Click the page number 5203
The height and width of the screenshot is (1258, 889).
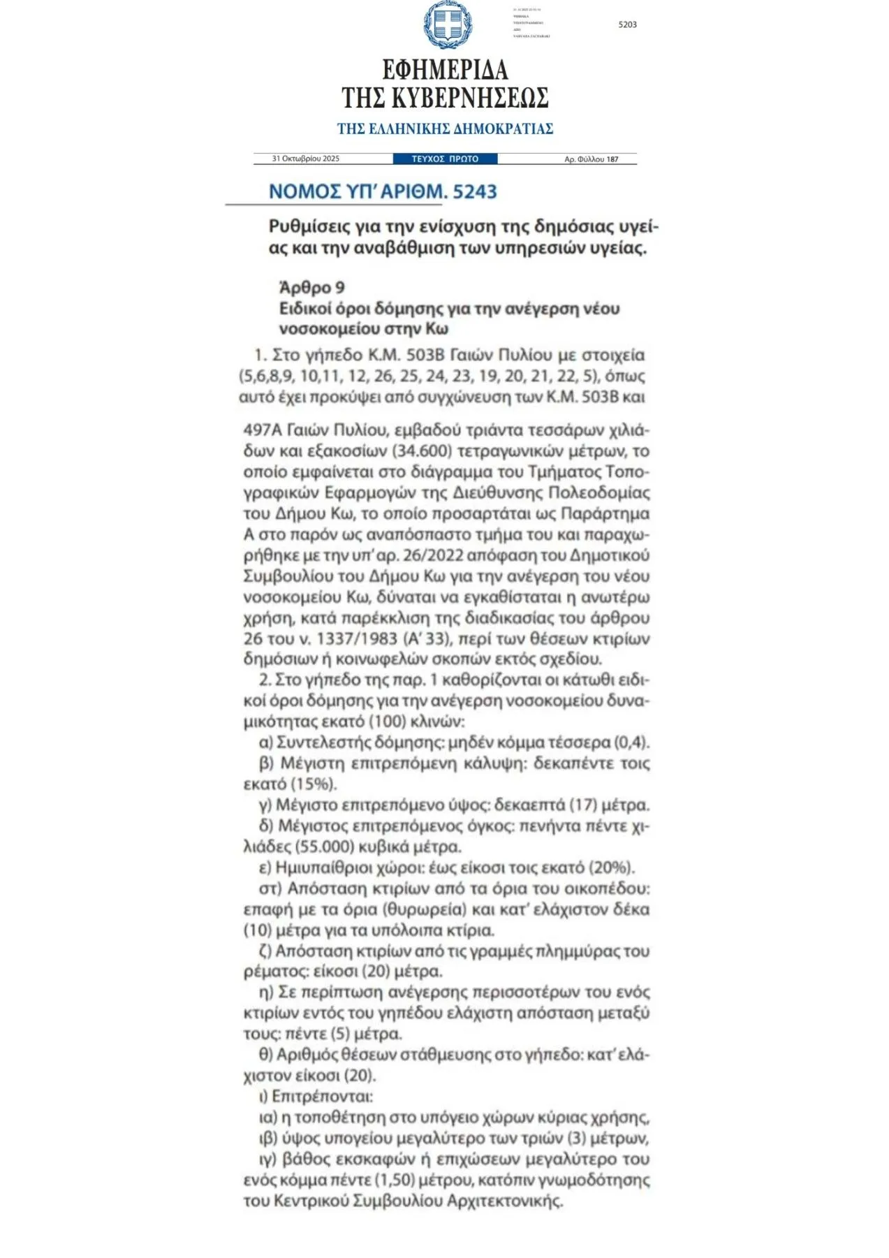point(627,24)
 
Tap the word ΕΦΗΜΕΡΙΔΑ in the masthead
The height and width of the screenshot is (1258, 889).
point(445,70)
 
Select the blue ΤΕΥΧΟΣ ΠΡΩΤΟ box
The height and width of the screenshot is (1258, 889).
point(445,159)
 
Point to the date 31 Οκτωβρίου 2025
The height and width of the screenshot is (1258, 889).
point(306,159)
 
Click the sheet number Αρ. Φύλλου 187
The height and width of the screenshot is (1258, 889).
point(591,159)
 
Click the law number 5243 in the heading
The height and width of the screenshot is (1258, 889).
point(474,191)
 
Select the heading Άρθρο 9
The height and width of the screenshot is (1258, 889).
point(311,288)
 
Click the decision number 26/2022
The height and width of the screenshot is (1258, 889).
point(430,556)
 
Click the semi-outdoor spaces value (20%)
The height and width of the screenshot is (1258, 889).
point(611,868)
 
